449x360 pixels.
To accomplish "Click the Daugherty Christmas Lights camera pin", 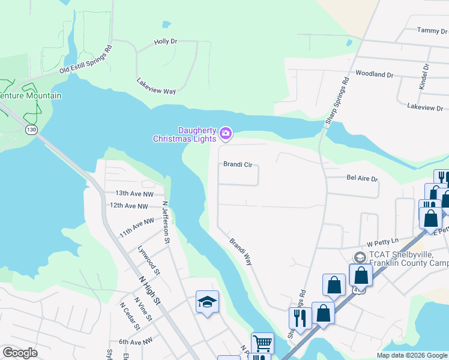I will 226,133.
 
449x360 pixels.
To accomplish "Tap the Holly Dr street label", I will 166,41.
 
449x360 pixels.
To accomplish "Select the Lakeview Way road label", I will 156,86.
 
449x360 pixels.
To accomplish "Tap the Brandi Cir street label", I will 237,164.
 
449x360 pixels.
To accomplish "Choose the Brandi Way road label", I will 241,251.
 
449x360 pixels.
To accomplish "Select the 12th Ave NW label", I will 128,206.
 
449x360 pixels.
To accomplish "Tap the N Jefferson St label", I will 166,222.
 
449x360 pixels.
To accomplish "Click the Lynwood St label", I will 148,260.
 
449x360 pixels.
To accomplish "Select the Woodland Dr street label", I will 374,75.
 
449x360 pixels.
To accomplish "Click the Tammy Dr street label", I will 429,30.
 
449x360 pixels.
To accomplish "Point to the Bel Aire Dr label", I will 362,179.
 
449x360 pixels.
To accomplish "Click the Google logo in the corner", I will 20,353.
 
